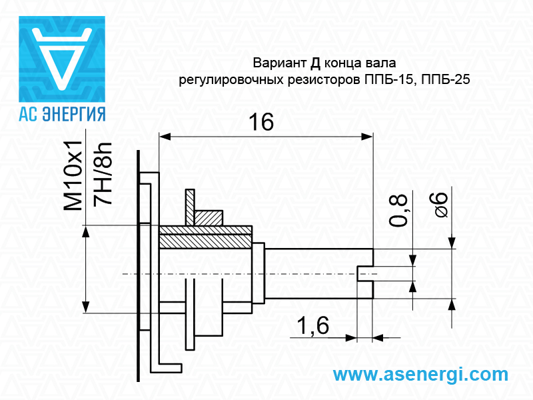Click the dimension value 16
[x=261, y=122]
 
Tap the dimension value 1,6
[x=313, y=326]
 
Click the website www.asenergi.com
[x=420, y=374]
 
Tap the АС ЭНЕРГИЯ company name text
[x=62, y=113]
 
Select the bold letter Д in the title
[x=316, y=64]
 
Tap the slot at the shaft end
[x=365, y=273]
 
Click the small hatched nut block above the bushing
[x=208, y=218]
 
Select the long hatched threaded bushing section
[x=206, y=238]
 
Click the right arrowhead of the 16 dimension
[x=367, y=136]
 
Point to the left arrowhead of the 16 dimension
[x=165, y=136]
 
